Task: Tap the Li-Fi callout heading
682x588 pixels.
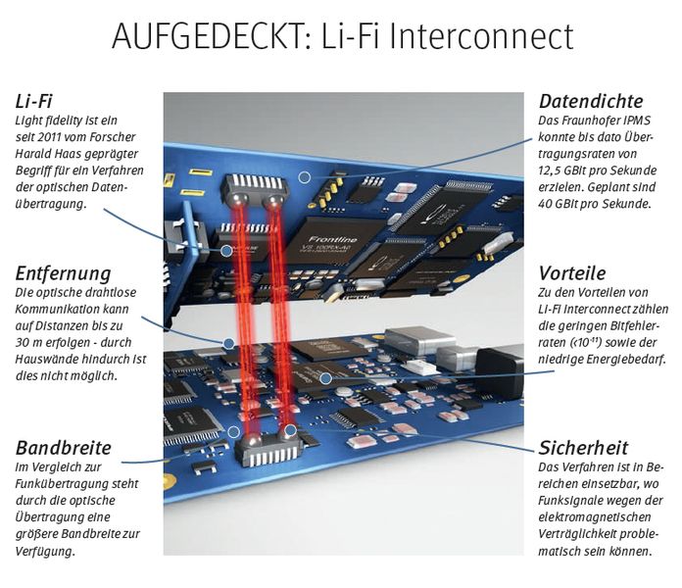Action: point(33,102)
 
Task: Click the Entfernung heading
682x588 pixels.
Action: point(64,273)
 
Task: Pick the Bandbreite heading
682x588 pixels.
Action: point(63,448)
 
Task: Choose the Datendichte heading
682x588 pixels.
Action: point(590,102)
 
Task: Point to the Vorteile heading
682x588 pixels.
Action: point(572,273)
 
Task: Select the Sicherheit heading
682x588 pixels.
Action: point(584,448)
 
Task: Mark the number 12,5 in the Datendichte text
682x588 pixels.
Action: point(556,170)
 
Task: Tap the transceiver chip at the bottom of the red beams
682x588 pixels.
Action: point(266,451)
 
